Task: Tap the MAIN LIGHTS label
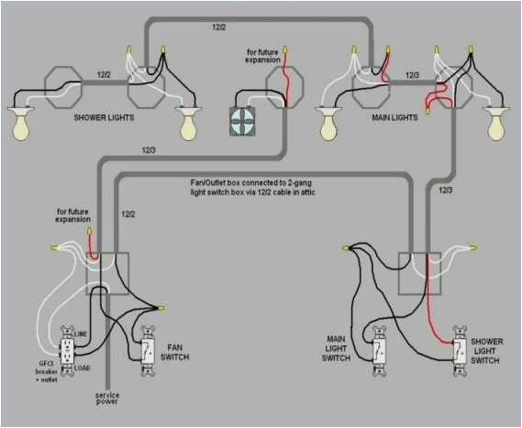tap(394, 117)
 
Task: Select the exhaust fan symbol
tap(241, 120)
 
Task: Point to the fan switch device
tap(147, 351)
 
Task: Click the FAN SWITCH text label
tap(178, 353)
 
